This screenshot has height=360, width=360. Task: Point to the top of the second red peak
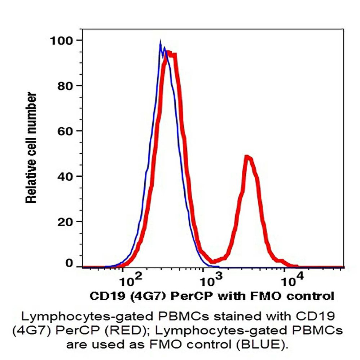[x=247, y=157]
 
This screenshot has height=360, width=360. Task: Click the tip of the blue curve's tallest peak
[x=160, y=43]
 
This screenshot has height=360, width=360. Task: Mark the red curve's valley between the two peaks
[x=214, y=261]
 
